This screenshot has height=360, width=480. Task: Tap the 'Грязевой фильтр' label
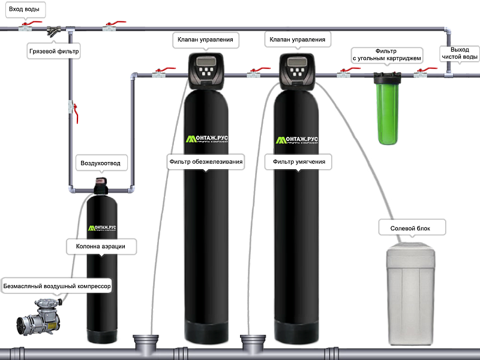[x=55, y=52]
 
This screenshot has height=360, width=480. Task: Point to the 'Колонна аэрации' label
[x=100, y=245]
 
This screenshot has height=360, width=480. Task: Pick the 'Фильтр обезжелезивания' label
[x=206, y=161]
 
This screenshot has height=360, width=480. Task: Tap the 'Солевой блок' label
[x=410, y=229]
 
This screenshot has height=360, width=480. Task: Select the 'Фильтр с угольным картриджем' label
[x=386, y=55]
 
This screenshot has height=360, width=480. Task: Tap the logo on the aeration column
[x=102, y=229]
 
